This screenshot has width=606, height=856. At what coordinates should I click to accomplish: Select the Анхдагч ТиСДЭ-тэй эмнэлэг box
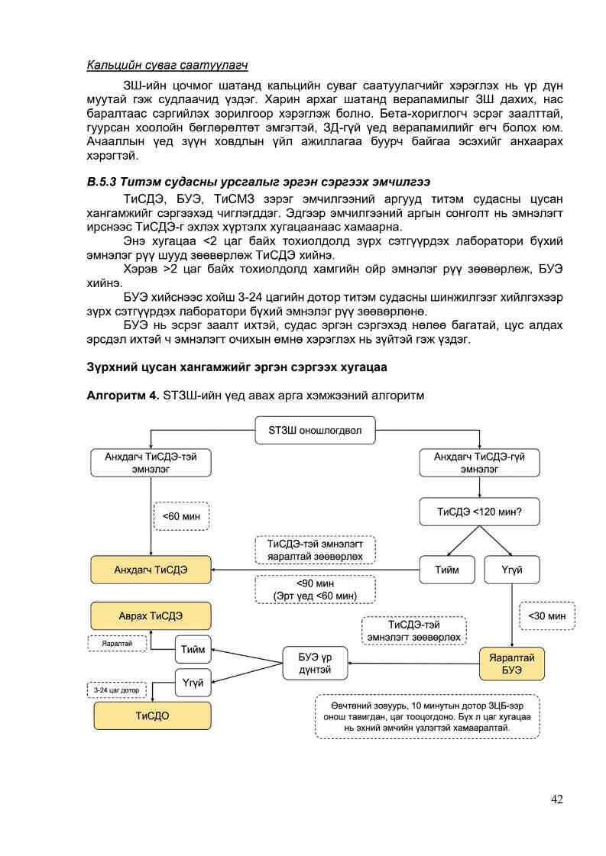point(150,463)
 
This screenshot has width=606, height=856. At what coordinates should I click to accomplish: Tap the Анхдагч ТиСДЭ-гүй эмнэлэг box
point(479,463)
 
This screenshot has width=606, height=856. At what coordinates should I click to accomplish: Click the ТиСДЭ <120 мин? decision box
point(479,511)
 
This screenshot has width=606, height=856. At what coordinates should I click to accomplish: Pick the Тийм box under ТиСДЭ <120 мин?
point(447,570)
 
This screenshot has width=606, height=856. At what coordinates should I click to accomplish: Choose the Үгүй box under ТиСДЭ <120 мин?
point(511,570)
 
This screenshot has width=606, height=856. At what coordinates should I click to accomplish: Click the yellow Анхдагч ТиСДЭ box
point(151,570)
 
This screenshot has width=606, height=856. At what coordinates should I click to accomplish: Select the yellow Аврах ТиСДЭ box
point(151,615)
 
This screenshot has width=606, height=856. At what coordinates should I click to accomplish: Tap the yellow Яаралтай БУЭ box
point(511,664)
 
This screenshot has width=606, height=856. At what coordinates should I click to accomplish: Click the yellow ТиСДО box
point(151,715)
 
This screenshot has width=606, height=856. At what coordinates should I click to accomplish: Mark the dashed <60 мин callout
point(181,515)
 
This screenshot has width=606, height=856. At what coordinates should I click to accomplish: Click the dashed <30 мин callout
point(546,615)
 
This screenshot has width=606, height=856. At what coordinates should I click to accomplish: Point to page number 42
point(556,799)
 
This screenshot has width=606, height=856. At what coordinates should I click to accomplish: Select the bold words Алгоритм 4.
point(123,395)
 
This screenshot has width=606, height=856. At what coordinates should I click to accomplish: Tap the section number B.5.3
point(105,182)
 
